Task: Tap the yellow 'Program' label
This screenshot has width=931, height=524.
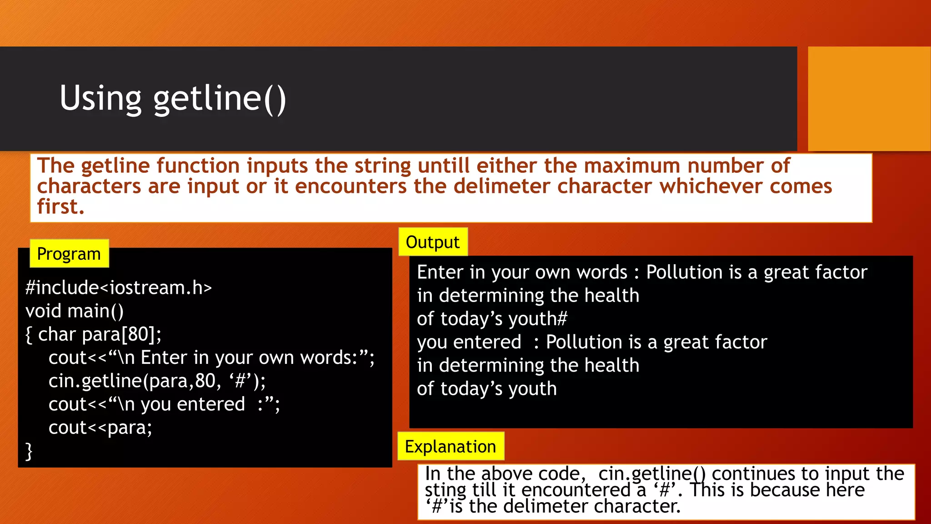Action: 69,254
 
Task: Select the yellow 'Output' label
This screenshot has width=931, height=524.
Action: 433,242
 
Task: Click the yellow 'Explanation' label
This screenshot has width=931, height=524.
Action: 450,447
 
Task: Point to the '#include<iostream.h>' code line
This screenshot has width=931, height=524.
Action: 119,287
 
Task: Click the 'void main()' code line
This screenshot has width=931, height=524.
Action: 75,311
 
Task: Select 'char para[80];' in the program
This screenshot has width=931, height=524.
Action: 100,334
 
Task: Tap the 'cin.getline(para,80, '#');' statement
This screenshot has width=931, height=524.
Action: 157,381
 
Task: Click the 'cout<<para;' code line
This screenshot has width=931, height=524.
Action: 100,428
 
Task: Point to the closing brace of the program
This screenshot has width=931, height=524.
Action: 29,451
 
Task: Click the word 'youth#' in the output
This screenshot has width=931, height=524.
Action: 538,319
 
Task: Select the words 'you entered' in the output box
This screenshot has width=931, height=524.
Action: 469,342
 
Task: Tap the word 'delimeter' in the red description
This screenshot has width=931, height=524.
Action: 502,186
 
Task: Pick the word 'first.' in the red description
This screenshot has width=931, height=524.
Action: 61,207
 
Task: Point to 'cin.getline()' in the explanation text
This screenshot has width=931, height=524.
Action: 652,474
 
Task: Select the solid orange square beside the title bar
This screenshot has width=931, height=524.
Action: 869,99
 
